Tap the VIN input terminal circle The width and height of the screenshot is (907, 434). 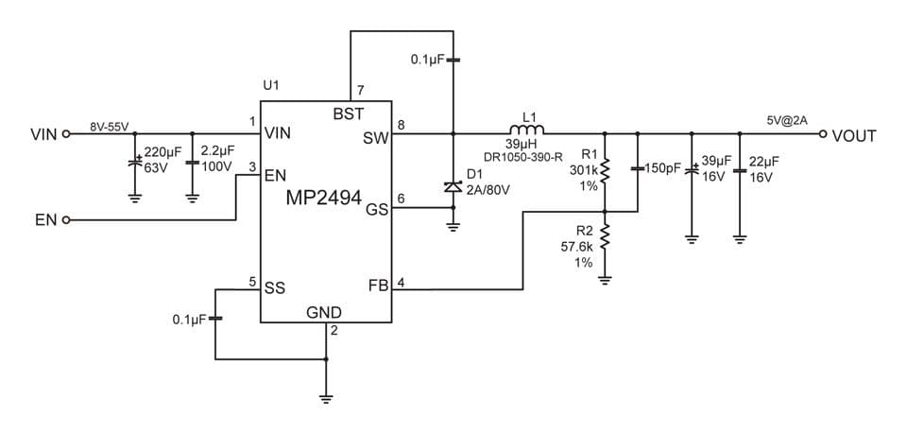point(66,134)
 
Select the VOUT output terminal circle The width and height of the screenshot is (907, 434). point(823,134)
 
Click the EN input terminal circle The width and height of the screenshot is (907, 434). point(66,220)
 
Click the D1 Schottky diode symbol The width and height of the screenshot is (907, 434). point(453,187)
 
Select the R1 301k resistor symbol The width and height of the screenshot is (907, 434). point(605,169)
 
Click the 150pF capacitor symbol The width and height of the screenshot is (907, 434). point(639,169)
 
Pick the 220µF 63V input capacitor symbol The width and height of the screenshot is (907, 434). point(135,163)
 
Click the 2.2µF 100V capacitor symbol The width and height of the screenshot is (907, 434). point(193,163)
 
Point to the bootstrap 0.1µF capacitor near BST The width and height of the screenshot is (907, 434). point(453,60)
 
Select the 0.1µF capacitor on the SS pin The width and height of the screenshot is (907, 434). point(215,319)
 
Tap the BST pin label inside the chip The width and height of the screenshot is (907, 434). point(348,113)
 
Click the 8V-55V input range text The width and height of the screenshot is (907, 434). point(109,126)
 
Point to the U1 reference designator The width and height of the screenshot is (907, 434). point(271,85)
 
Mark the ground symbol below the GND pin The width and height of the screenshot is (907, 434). point(326,397)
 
